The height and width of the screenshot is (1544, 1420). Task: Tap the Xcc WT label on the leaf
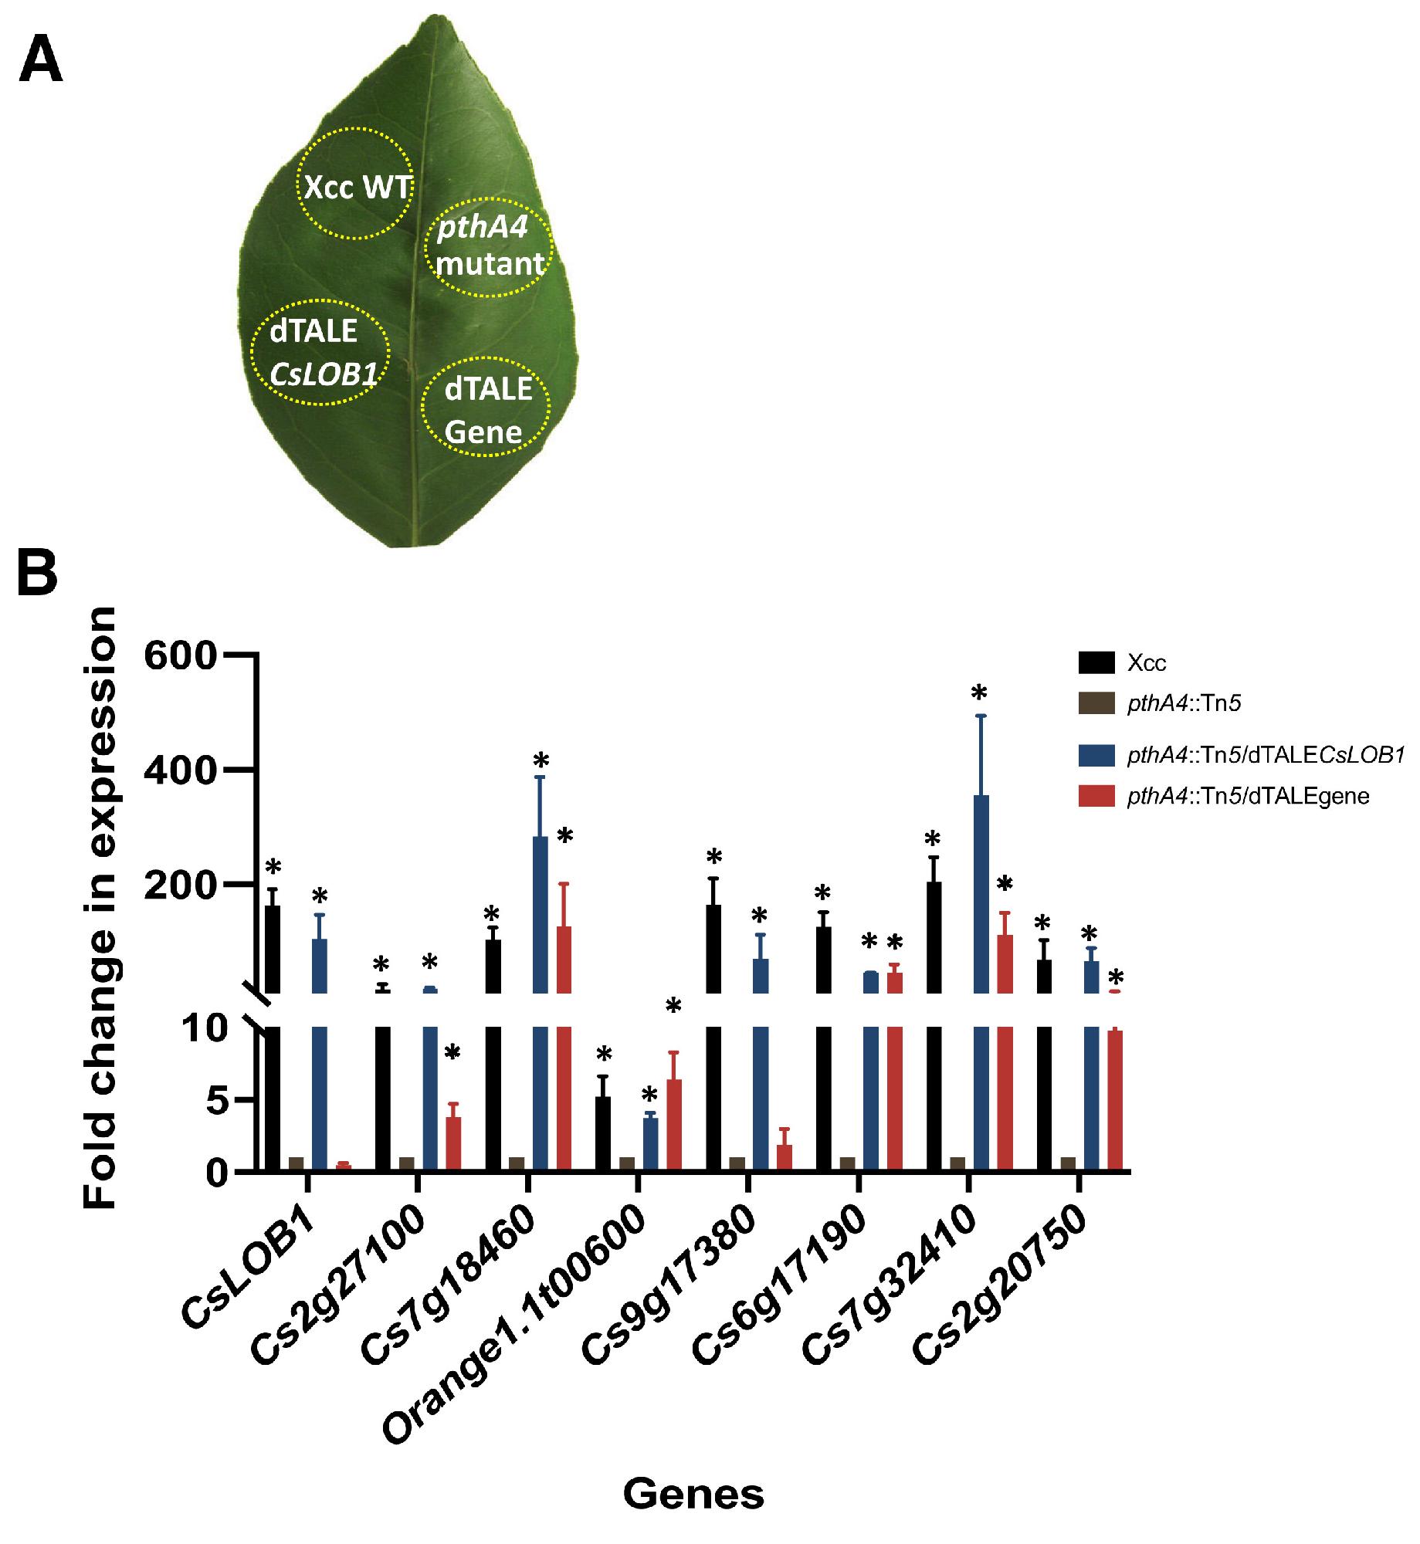356,187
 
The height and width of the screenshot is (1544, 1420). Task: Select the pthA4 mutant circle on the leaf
489,243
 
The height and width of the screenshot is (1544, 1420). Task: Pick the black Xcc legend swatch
1096,662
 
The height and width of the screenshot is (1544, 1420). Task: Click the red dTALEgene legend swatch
1096,796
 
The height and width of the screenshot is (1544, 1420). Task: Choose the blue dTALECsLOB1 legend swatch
1096,756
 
